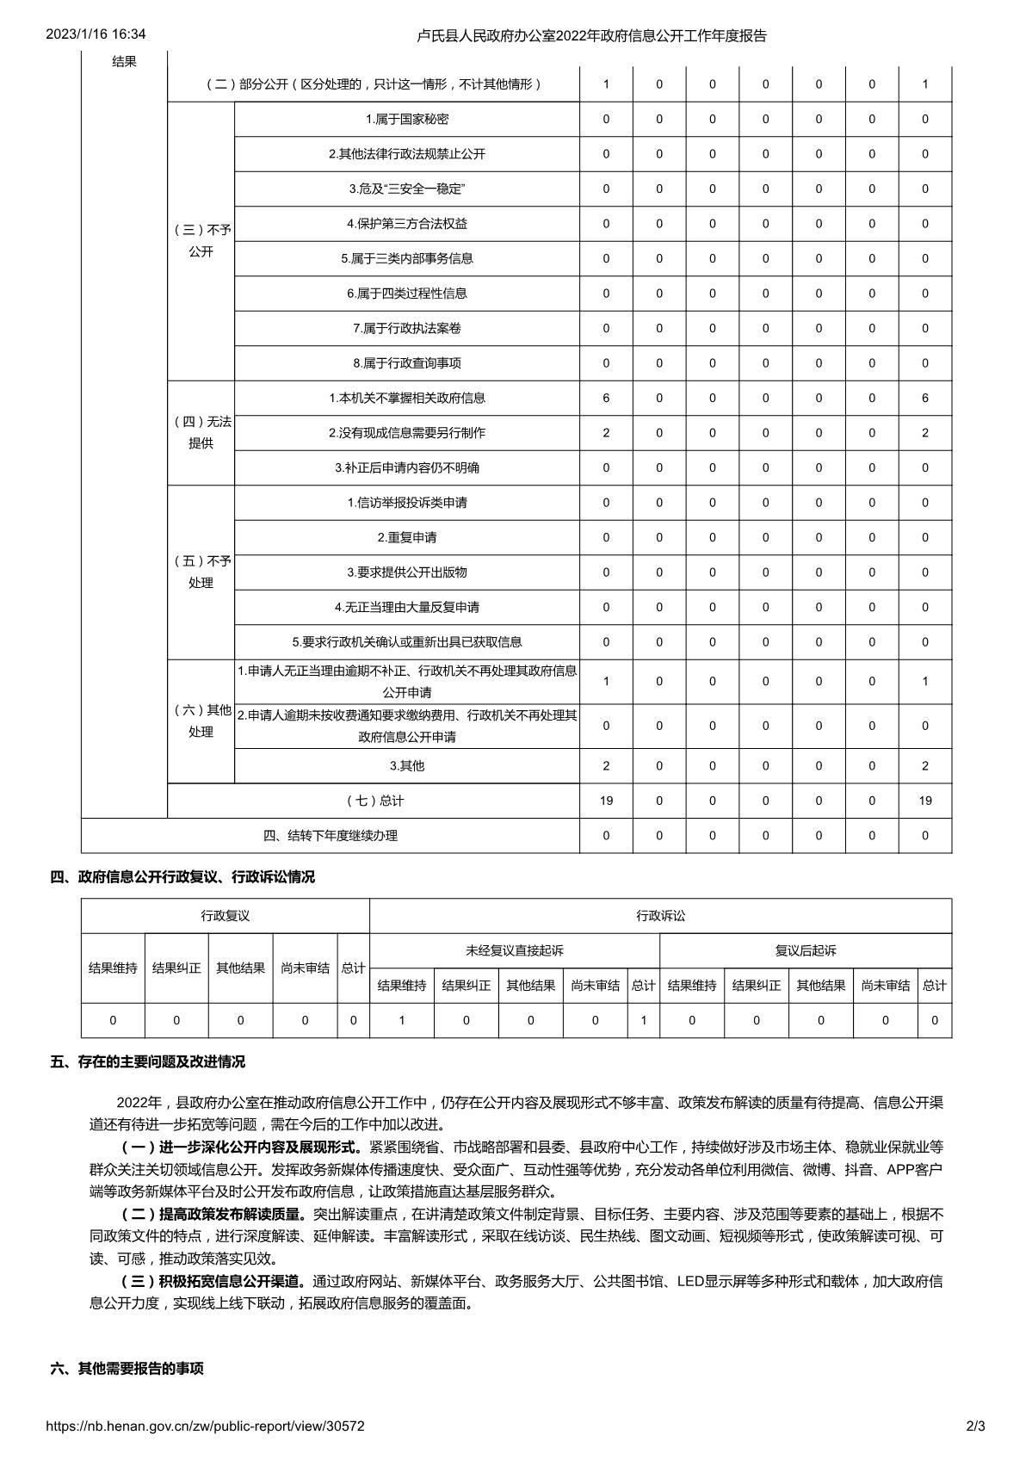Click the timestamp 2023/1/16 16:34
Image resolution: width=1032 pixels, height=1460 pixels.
tap(96, 34)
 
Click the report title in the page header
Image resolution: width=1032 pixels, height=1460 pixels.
tap(591, 35)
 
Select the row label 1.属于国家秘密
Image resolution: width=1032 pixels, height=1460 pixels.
tap(407, 119)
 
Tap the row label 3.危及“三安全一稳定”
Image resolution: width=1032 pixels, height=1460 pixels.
tap(407, 189)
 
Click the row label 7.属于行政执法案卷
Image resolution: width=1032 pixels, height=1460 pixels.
tap(407, 328)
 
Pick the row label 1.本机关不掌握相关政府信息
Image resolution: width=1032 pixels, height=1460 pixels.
tap(407, 398)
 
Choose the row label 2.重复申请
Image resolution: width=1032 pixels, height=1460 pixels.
tap(407, 537)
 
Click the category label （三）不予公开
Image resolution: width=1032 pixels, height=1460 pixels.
tap(201, 241)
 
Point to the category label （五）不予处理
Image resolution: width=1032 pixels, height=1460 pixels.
tap(201, 572)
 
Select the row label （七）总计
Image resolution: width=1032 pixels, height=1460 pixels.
tap(374, 801)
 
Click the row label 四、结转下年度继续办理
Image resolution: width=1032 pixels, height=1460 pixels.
tap(331, 835)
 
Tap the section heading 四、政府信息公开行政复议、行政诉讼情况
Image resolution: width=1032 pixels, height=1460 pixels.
tap(182, 876)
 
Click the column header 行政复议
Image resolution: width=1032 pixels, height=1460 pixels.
tap(226, 916)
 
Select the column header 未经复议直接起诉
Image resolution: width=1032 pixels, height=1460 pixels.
tap(515, 950)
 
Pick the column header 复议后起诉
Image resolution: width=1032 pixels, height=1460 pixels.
tap(806, 950)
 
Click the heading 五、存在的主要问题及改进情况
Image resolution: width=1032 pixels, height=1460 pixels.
tap(148, 1061)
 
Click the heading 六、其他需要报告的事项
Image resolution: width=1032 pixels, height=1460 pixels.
tap(127, 1368)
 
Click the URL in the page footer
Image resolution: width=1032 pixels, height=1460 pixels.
tap(205, 1426)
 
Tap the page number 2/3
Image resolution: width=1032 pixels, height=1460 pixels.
tap(975, 1426)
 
